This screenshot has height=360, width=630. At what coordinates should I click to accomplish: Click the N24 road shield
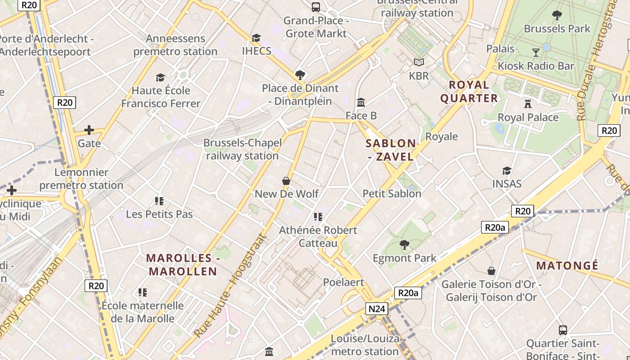point(376,309)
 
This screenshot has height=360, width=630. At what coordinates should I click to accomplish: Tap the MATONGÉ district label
point(567,265)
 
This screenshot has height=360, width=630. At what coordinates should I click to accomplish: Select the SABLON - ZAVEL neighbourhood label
point(391,150)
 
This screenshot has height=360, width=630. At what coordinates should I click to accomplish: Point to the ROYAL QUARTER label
point(469,91)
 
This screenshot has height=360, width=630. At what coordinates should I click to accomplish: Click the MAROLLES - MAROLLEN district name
point(183,265)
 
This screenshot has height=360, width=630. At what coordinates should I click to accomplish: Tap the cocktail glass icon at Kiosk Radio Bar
point(535,52)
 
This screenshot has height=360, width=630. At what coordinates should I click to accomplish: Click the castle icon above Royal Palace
point(528,103)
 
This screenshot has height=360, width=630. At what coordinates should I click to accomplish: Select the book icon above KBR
point(419,62)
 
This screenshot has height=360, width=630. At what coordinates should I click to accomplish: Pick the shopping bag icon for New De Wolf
point(286,181)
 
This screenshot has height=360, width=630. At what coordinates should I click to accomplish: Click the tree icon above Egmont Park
point(405,245)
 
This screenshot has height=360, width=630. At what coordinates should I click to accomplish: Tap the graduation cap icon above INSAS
point(507,171)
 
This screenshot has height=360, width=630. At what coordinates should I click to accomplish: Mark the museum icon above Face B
point(361,103)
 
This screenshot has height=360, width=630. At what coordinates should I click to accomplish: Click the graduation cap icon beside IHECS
point(256,38)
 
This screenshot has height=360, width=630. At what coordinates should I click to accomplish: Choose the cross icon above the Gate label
point(89,130)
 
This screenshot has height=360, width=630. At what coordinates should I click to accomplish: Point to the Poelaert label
point(343,282)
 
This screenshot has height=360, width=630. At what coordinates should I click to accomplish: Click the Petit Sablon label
point(392,193)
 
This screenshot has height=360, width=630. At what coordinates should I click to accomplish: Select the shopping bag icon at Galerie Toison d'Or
point(491,271)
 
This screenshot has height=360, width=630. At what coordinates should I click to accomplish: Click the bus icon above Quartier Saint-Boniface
point(562,330)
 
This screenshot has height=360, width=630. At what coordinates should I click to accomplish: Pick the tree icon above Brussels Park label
point(557,15)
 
